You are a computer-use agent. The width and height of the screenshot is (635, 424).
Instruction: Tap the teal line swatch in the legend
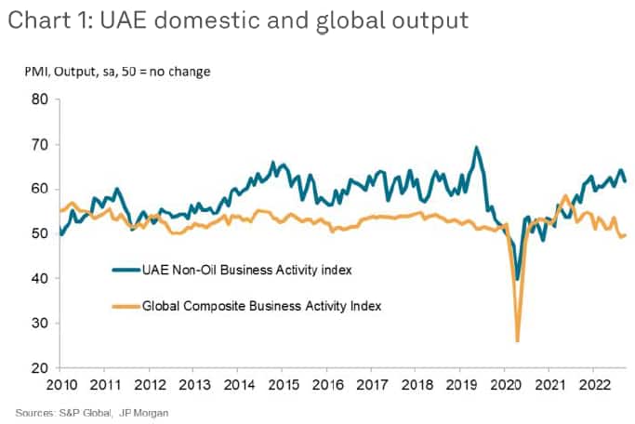pyautogui.click(x=124, y=271)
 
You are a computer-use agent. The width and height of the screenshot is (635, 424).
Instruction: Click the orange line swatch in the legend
pyautogui.click(x=124, y=305)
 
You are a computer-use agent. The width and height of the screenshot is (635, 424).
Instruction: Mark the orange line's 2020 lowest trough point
pyautogui.click(x=517, y=341)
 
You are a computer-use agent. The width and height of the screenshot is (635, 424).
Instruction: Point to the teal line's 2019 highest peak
pyautogui.click(x=476, y=147)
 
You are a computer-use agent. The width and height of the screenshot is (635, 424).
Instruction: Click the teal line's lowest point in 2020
pyautogui.click(x=517, y=279)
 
